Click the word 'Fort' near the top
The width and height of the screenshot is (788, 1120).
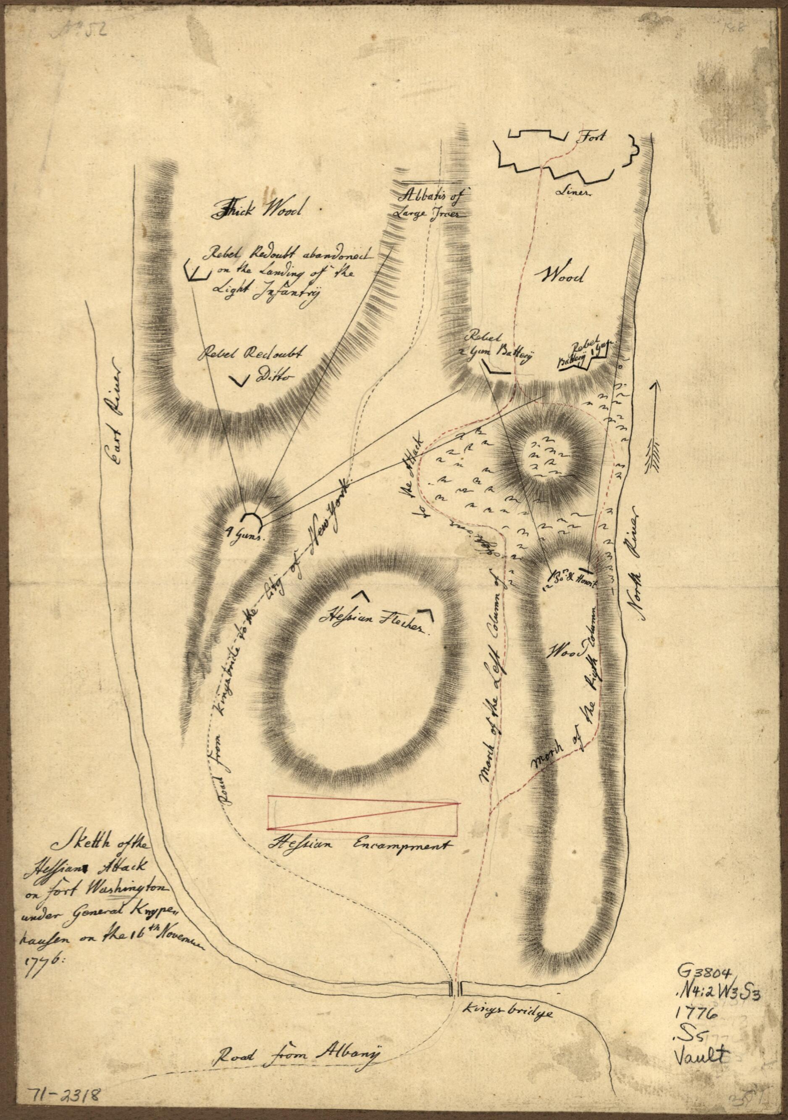(591, 137)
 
